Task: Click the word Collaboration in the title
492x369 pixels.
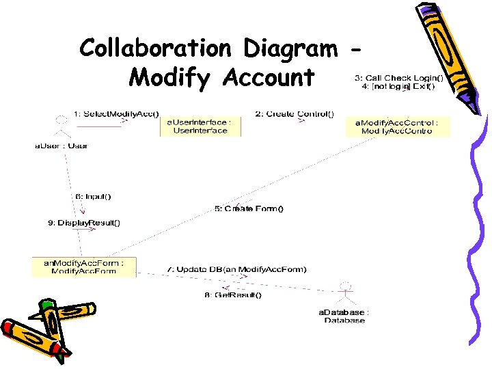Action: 155,48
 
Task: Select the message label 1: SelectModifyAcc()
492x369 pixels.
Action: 120,113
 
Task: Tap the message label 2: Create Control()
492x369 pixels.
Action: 295,113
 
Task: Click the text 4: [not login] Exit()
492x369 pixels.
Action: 398,87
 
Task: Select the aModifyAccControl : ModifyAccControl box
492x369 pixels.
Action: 397,126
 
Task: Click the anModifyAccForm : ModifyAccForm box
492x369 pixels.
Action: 84,266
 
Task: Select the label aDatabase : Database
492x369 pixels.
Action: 344,316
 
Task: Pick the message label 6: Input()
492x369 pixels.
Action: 93,197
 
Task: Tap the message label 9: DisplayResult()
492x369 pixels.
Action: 84,223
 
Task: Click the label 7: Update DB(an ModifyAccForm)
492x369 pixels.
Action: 237,269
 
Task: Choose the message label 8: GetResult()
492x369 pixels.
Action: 233,295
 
